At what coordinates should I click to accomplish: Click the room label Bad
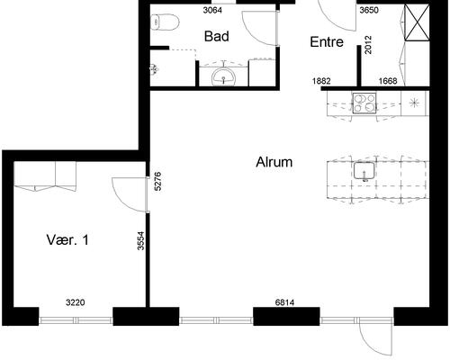[x=217, y=36]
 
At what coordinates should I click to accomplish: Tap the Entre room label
[x=327, y=41]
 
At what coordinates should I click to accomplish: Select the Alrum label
[x=274, y=162]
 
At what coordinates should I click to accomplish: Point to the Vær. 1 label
[x=67, y=239]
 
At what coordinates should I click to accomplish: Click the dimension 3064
[x=212, y=10]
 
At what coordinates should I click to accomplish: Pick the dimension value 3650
[x=369, y=10]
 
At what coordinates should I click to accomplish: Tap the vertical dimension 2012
[x=368, y=45]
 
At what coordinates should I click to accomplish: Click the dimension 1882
[x=321, y=81]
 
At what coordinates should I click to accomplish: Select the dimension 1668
[x=388, y=81]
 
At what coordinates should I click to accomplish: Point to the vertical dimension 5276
[x=157, y=181]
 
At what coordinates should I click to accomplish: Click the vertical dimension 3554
[x=140, y=240]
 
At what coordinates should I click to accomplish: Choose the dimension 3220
[x=76, y=302]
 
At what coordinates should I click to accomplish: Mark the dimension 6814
[x=284, y=302]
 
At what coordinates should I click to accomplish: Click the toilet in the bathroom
[x=165, y=22]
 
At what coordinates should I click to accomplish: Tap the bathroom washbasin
[x=223, y=77]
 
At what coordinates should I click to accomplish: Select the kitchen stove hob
[x=364, y=103]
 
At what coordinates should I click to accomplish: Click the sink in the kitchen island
[x=364, y=171]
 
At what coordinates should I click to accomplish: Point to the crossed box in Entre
[x=417, y=22]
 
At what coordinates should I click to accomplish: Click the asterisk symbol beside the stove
[x=414, y=103]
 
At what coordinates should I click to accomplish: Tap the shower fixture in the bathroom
[x=154, y=69]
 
